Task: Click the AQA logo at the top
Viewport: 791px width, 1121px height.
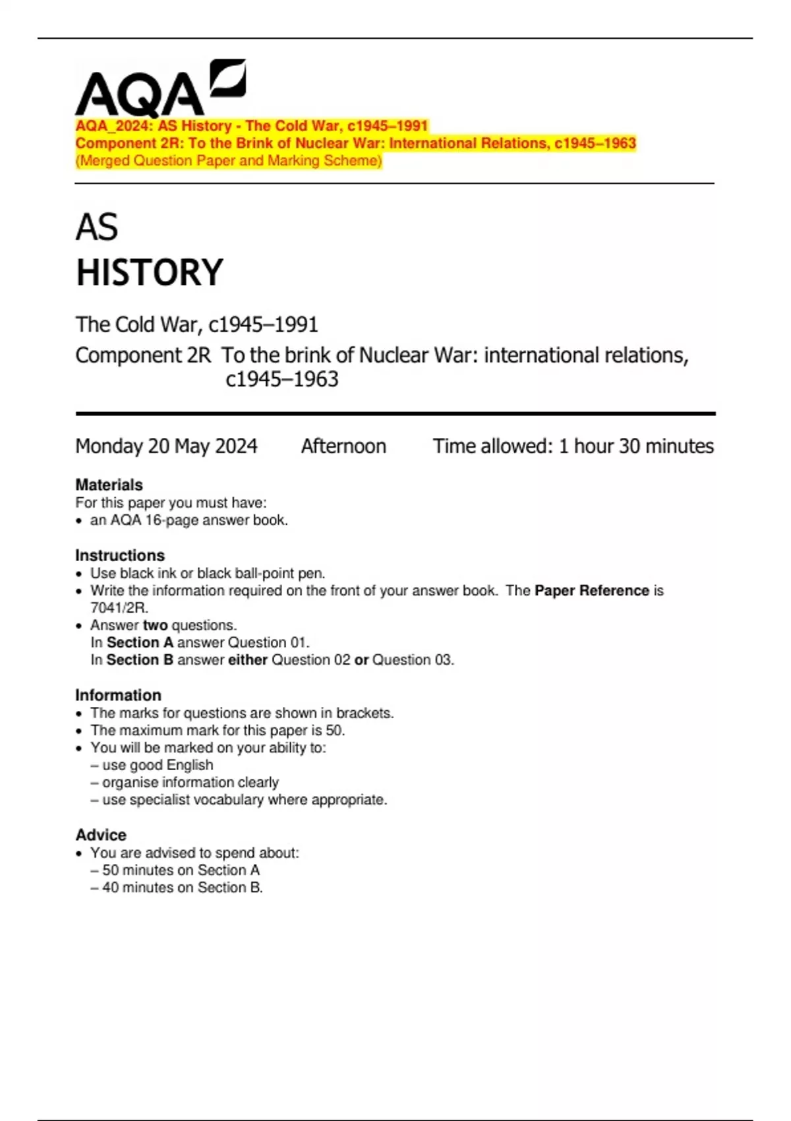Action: [x=160, y=89]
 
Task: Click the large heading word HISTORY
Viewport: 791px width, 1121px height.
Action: [x=150, y=272]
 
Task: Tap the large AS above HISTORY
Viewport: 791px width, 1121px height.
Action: [x=97, y=227]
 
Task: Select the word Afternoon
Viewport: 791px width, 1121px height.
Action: [x=343, y=446]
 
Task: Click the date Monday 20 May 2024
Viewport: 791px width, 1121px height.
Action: [x=166, y=446]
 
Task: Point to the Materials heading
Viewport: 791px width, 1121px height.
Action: [x=109, y=485]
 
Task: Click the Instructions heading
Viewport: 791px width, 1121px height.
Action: [x=119, y=555]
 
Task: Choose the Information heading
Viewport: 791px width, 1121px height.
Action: [x=118, y=695]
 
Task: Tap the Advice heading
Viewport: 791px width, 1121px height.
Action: [x=100, y=835]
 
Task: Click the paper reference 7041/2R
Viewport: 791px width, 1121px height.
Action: [x=119, y=607]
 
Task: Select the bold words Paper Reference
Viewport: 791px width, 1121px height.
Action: [x=591, y=590]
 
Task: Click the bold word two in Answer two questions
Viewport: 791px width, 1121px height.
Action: [x=155, y=625]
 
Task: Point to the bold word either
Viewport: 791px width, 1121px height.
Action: [x=247, y=659]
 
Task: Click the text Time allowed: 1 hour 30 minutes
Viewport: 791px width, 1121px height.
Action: [x=573, y=446]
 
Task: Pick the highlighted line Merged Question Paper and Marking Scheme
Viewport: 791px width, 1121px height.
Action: [x=229, y=161]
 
